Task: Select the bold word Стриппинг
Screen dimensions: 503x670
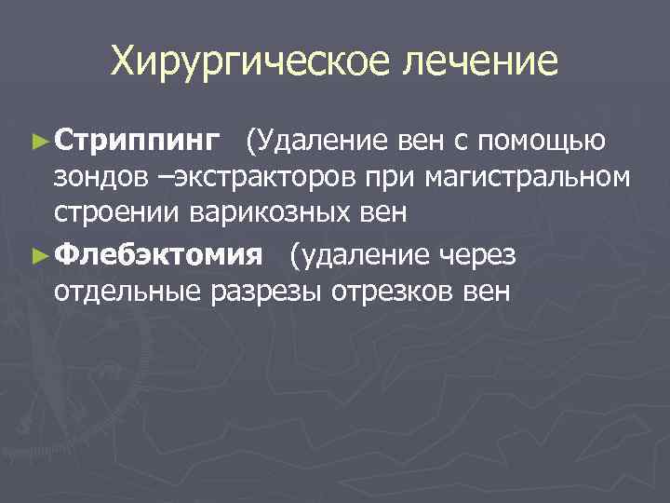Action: coord(137,143)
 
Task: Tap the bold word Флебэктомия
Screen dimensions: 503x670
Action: coord(159,255)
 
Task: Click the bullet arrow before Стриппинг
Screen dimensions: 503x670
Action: coord(38,143)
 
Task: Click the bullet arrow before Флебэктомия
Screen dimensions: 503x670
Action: coord(38,255)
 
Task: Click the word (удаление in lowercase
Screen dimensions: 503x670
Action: coord(358,255)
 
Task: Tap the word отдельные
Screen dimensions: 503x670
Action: coord(127,292)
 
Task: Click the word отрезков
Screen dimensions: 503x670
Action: coord(395,292)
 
